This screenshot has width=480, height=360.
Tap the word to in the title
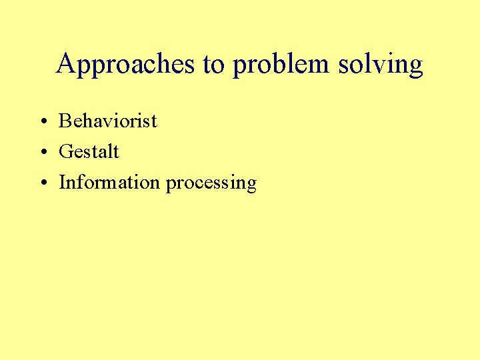click(x=215, y=65)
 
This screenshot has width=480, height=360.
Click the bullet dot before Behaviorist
click(x=42, y=122)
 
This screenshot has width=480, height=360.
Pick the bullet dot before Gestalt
click(x=42, y=153)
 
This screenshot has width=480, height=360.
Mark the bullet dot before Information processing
click(x=42, y=183)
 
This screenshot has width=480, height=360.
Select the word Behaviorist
click(x=108, y=121)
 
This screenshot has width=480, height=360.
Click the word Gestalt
click(x=89, y=151)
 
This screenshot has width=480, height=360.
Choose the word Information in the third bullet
click(x=109, y=182)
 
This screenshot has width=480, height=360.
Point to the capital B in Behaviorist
click(x=65, y=121)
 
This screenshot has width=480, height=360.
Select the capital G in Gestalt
click(x=65, y=151)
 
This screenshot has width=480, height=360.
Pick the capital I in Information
click(x=62, y=182)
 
